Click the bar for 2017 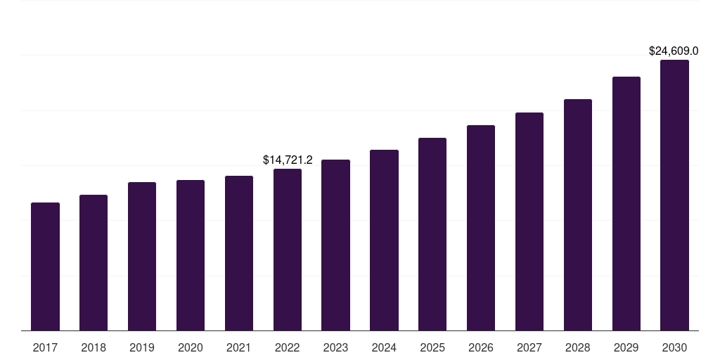coord(45,266)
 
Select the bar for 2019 coord(142,256)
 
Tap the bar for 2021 coord(239,253)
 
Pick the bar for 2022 coord(288,250)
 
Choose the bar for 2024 coord(384,240)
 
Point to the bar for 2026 coord(481,228)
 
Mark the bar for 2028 coord(578,214)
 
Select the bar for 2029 coord(626,203)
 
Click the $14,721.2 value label coord(288,160)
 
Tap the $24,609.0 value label coord(674,51)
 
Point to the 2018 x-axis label coord(94,347)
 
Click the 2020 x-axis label coord(191,347)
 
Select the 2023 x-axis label coord(335,347)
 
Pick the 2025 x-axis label coord(432,347)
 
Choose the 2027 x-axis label coord(529,347)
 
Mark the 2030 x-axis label coord(674,347)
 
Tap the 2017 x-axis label coord(45,347)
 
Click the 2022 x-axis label coord(288,347)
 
